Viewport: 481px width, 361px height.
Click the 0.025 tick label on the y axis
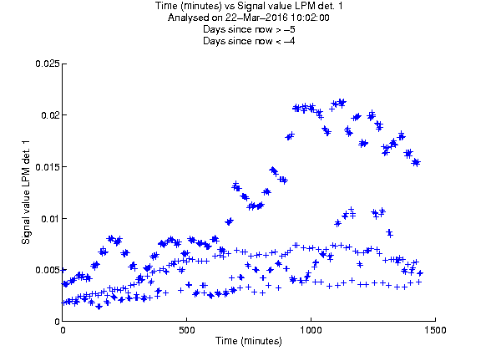tap(48, 64)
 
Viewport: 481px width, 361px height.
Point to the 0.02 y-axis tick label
tap(50, 115)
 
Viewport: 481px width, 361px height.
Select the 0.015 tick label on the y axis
tap(48, 167)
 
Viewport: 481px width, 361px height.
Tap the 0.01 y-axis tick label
tap(50, 219)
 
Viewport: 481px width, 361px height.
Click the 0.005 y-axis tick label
tap(48, 270)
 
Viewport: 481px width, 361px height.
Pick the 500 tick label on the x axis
tap(187, 330)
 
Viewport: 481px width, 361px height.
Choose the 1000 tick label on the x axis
tap(311, 330)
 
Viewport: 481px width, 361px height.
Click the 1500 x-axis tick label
tap(435, 330)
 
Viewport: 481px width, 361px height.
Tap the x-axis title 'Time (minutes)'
tap(249, 341)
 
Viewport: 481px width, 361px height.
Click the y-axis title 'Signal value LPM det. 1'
tap(26, 192)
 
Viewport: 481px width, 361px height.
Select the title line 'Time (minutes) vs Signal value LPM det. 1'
tap(249, 6)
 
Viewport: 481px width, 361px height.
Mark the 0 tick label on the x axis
tap(63, 330)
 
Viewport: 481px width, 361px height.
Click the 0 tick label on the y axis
tap(57, 322)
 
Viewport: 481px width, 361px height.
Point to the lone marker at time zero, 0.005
tap(63, 270)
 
